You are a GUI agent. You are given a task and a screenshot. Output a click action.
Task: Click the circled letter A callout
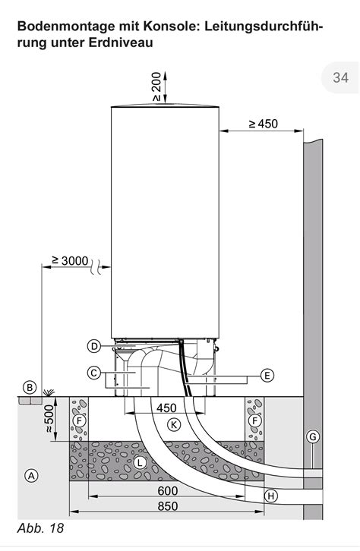click(31, 476)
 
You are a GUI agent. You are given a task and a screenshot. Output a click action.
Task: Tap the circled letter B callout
click(30, 388)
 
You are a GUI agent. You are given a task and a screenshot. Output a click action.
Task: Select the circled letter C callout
click(93, 373)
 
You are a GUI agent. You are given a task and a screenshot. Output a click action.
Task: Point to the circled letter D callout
click(94, 347)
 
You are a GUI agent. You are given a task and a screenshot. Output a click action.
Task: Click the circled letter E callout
click(267, 375)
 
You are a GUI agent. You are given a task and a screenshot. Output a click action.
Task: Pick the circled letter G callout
click(313, 437)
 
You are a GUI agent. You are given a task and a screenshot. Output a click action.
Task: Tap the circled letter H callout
click(270, 496)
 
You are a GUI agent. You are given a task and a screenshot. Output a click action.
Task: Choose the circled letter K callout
click(173, 424)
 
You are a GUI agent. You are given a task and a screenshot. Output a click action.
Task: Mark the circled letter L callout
click(140, 462)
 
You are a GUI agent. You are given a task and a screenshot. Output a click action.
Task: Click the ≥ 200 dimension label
click(156, 87)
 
